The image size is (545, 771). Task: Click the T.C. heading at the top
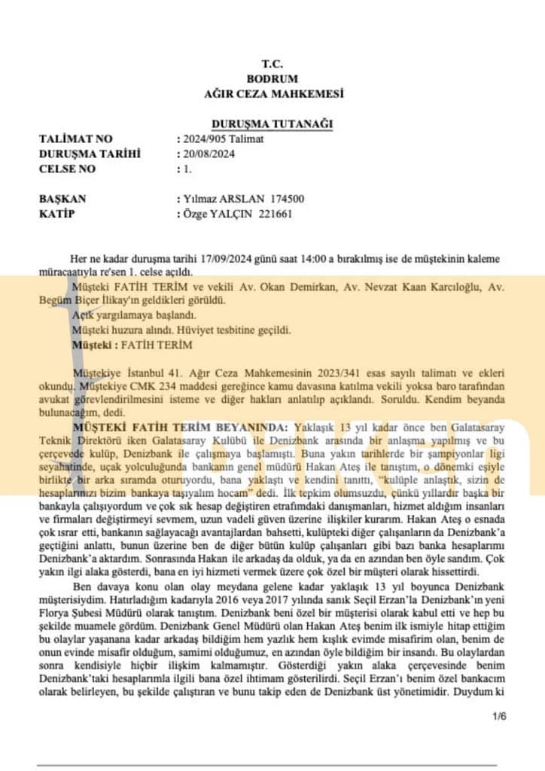[x=272, y=64]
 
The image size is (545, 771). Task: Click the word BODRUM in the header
[x=272, y=78]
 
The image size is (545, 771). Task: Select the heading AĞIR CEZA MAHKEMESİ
[x=273, y=93]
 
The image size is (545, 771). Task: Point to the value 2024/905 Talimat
[x=222, y=139]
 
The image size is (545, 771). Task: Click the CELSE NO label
[x=67, y=169]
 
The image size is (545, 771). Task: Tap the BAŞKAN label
[x=63, y=199]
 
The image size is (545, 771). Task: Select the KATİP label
[x=58, y=214]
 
